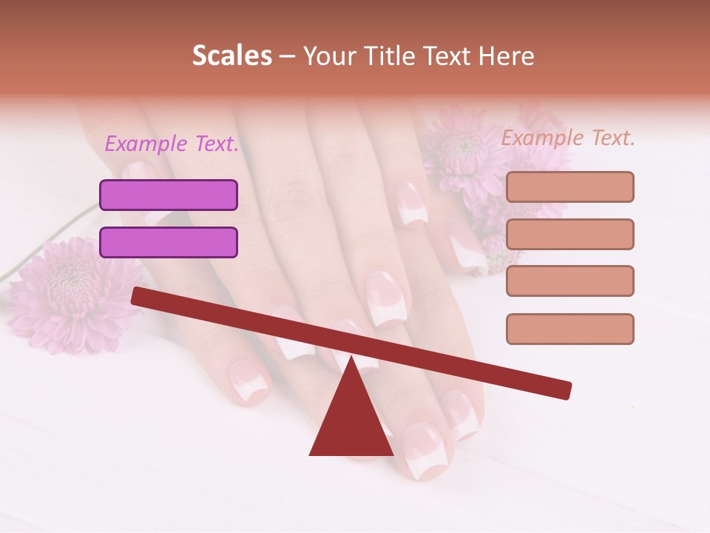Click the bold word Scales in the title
(231, 56)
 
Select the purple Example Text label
(172, 144)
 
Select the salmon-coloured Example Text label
(568, 138)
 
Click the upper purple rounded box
(169, 195)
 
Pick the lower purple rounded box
(169, 243)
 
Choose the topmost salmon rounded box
(569, 187)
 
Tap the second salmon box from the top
(569, 234)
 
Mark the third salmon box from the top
(569, 281)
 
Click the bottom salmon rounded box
(569, 329)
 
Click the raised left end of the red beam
(141, 296)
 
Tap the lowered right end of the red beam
(562, 389)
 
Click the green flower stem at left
(44, 244)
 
